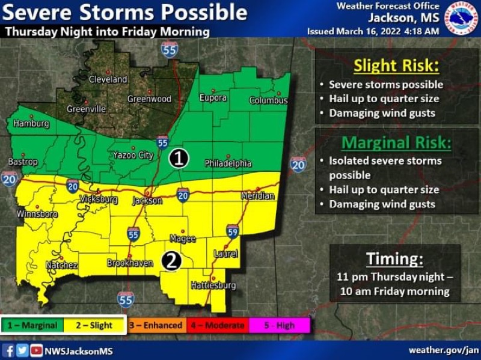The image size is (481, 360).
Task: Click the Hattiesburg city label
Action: [x=213, y=285]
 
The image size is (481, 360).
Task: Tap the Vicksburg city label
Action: [x=99, y=199]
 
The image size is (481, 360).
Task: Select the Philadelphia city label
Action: [x=228, y=163]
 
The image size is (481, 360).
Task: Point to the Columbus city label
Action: [x=269, y=100]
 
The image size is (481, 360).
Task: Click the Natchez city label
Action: [x=62, y=265]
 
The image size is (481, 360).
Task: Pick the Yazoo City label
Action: [x=133, y=156]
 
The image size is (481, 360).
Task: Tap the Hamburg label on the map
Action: [x=31, y=124]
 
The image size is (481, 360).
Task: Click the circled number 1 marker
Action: [x=179, y=159]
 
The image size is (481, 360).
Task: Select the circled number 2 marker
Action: [x=171, y=261]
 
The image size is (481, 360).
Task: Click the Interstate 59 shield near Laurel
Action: [x=233, y=231]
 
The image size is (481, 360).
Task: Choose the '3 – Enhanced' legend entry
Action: [x=156, y=326]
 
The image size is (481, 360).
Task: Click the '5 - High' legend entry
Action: [x=280, y=326]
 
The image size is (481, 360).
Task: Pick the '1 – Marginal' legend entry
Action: [x=33, y=326]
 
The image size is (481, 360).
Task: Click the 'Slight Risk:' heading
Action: [x=396, y=65]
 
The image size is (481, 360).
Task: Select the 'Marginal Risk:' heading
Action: [x=396, y=143]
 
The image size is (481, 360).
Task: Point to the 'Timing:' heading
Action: [x=394, y=259]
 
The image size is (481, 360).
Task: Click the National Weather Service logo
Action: [x=461, y=19]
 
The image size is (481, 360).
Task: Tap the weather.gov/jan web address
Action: [x=444, y=350]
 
